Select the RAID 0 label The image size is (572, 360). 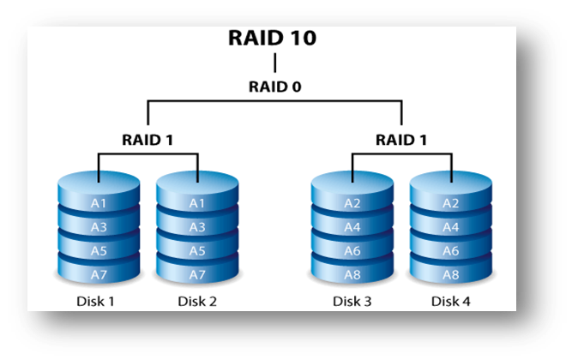pyautogui.click(x=274, y=87)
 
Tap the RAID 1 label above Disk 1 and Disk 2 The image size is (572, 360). pyautogui.click(x=148, y=138)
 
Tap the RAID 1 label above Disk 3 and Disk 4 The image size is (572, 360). pyautogui.click(x=402, y=138)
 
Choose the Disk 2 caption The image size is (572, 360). pyautogui.click(x=198, y=302)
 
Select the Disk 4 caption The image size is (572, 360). pyautogui.click(x=451, y=302)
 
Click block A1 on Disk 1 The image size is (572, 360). pyautogui.click(x=99, y=203)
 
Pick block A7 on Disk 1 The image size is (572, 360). pyautogui.click(x=99, y=273)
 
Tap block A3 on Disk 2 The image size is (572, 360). pyautogui.click(x=198, y=227)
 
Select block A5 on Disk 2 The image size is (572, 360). pyautogui.click(x=198, y=250)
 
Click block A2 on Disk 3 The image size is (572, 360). pyautogui.click(x=352, y=203)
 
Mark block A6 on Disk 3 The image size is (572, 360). pyautogui.click(x=352, y=250)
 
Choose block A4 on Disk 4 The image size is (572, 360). pyautogui.click(x=451, y=227)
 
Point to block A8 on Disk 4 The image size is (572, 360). pyautogui.click(x=451, y=273)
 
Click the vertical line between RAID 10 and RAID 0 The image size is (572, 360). pyautogui.click(x=274, y=63)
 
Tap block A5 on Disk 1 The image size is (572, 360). pyautogui.click(x=99, y=250)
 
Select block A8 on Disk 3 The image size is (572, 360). pyautogui.click(x=352, y=273)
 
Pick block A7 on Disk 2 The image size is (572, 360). pyautogui.click(x=198, y=273)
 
